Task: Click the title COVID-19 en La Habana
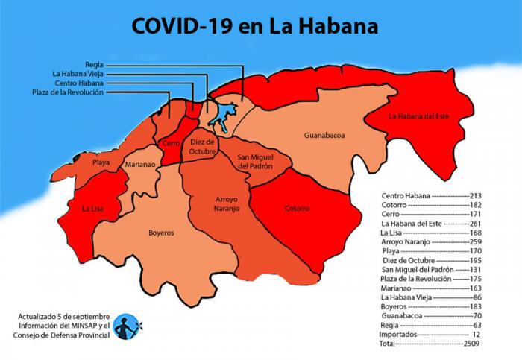coord(255,25)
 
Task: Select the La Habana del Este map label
coord(419,116)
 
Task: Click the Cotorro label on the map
coord(297,209)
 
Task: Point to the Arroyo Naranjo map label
coord(217,204)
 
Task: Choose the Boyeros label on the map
coord(161,233)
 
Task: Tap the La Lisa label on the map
coord(92,209)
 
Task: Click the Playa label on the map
coord(101,162)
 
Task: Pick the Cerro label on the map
coord(171,142)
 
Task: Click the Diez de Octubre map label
coord(202,146)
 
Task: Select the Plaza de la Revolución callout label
coord(67,93)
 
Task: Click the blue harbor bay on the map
coord(221,116)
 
